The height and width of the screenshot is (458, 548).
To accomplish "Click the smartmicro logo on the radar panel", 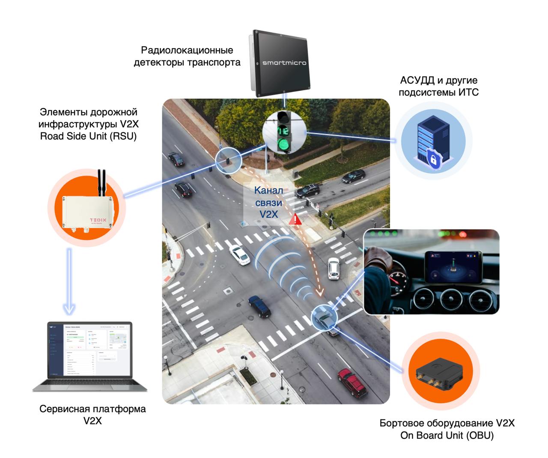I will (x=284, y=63).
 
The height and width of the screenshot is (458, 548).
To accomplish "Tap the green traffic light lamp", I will (x=283, y=144).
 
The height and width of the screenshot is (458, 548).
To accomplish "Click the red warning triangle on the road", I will (x=295, y=220).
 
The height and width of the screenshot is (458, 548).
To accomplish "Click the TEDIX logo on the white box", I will (x=98, y=221).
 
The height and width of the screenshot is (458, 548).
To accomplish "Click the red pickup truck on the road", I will (x=352, y=381).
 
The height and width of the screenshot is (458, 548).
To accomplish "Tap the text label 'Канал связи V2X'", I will (x=268, y=202).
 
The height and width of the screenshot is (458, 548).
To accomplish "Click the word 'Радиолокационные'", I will (x=187, y=50).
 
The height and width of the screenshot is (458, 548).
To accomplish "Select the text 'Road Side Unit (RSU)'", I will (x=88, y=137).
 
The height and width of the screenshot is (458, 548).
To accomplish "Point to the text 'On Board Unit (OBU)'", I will (x=447, y=435).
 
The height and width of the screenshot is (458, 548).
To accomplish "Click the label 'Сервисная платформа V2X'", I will (x=92, y=414).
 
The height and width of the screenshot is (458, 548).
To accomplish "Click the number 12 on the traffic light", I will (x=283, y=130).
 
